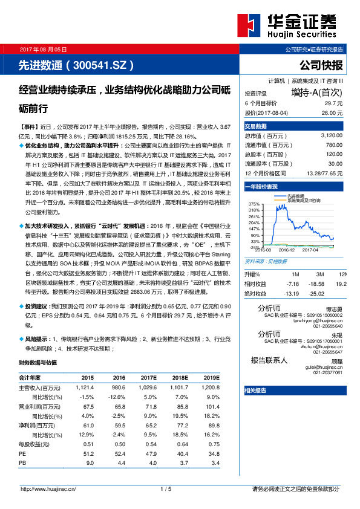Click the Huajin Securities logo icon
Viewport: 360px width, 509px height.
coord(248,25)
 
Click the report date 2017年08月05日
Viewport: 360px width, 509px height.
coord(42,49)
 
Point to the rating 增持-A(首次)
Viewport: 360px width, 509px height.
coord(316,93)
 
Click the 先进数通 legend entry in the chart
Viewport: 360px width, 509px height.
coord(295,196)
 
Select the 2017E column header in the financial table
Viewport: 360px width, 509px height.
coord(148,377)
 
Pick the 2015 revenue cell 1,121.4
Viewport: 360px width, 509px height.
coord(85,387)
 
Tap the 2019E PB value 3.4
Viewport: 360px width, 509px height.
coord(212,462)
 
